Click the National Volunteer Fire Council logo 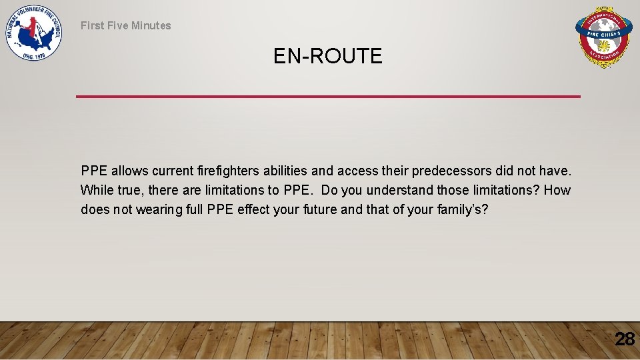point(33,33)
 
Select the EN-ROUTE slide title point(327,57)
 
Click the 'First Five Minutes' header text point(125,25)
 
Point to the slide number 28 point(624,339)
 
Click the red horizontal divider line point(328,97)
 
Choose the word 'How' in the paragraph point(557,190)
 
